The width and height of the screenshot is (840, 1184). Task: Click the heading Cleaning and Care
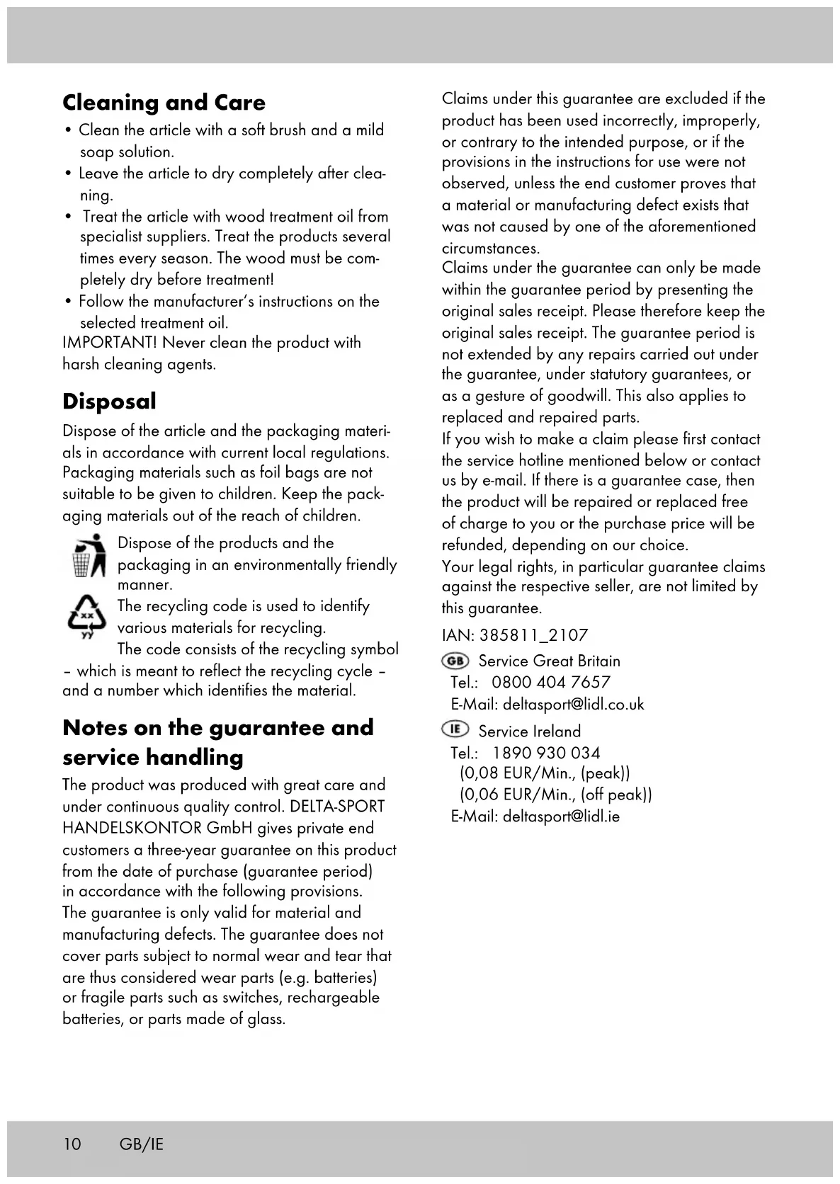click(x=164, y=103)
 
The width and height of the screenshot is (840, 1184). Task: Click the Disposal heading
click(x=109, y=402)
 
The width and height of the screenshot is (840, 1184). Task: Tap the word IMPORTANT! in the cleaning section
click(x=109, y=343)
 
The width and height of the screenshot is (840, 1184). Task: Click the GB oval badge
click(x=455, y=661)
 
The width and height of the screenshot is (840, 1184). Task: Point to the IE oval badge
click(x=455, y=729)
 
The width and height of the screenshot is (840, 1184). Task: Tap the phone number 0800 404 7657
click(x=550, y=683)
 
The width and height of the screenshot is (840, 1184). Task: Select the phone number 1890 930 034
click(x=546, y=753)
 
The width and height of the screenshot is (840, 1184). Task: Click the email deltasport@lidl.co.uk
click(x=573, y=705)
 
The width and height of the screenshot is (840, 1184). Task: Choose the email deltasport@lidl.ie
click(x=561, y=816)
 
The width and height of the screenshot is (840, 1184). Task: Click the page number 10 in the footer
click(x=72, y=1144)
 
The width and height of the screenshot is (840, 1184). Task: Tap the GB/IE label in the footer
click(x=142, y=1144)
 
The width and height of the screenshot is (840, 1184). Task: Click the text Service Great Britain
click(x=549, y=661)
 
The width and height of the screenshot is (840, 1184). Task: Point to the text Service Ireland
click(x=529, y=732)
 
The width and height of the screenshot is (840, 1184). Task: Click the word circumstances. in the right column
click(x=490, y=249)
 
